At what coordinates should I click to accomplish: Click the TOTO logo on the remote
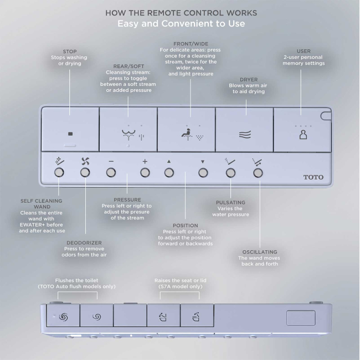click(313, 177)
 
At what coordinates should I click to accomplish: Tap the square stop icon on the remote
click(70, 134)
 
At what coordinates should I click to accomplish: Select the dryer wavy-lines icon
click(245, 135)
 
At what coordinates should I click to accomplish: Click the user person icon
click(303, 135)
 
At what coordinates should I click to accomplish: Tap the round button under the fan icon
click(85, 172)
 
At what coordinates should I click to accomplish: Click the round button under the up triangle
click(169, 173)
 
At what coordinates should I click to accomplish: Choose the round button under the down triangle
click(203, 173)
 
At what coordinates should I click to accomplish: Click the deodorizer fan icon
click(85, 161)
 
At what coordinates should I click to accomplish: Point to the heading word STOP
click(70, 52)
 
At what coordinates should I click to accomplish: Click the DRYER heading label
click(249, 79)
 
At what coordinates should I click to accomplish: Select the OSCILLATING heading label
click(260, 252)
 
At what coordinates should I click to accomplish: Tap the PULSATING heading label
click(230, 203)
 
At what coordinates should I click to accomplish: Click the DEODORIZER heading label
click(84, 243)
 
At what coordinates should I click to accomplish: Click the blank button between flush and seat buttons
click(130, 315)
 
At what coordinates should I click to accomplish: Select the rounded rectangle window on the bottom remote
click(301, 318)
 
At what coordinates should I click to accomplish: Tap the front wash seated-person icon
click(187, 135)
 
